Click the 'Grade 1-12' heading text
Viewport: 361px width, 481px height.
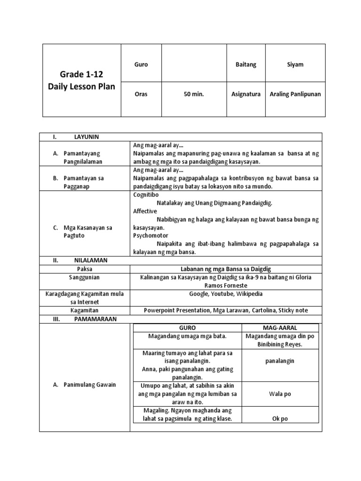pos(81,74)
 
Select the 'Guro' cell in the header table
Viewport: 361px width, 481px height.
pos(141,64)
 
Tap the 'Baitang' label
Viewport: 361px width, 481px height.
pos(246,64)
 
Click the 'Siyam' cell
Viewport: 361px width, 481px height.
pos(295,64)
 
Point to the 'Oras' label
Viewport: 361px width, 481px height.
pos(141,94)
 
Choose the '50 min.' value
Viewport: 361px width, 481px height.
pos(194,94)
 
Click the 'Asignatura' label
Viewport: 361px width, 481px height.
pos(246,94)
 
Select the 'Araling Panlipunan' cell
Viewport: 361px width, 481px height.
pos(295,94)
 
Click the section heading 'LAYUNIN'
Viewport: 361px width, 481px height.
pos(86,137)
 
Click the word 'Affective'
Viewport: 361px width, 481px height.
pos(145,211)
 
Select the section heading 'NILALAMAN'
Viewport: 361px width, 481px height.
pos(91,260)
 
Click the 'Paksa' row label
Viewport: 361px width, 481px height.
pos(85,269)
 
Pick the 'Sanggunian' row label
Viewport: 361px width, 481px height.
pos(85,277)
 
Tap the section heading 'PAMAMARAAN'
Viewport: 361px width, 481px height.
pos(94,319)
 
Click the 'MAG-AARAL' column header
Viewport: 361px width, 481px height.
pos(280,327)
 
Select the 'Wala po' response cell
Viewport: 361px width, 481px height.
pos(280,394)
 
